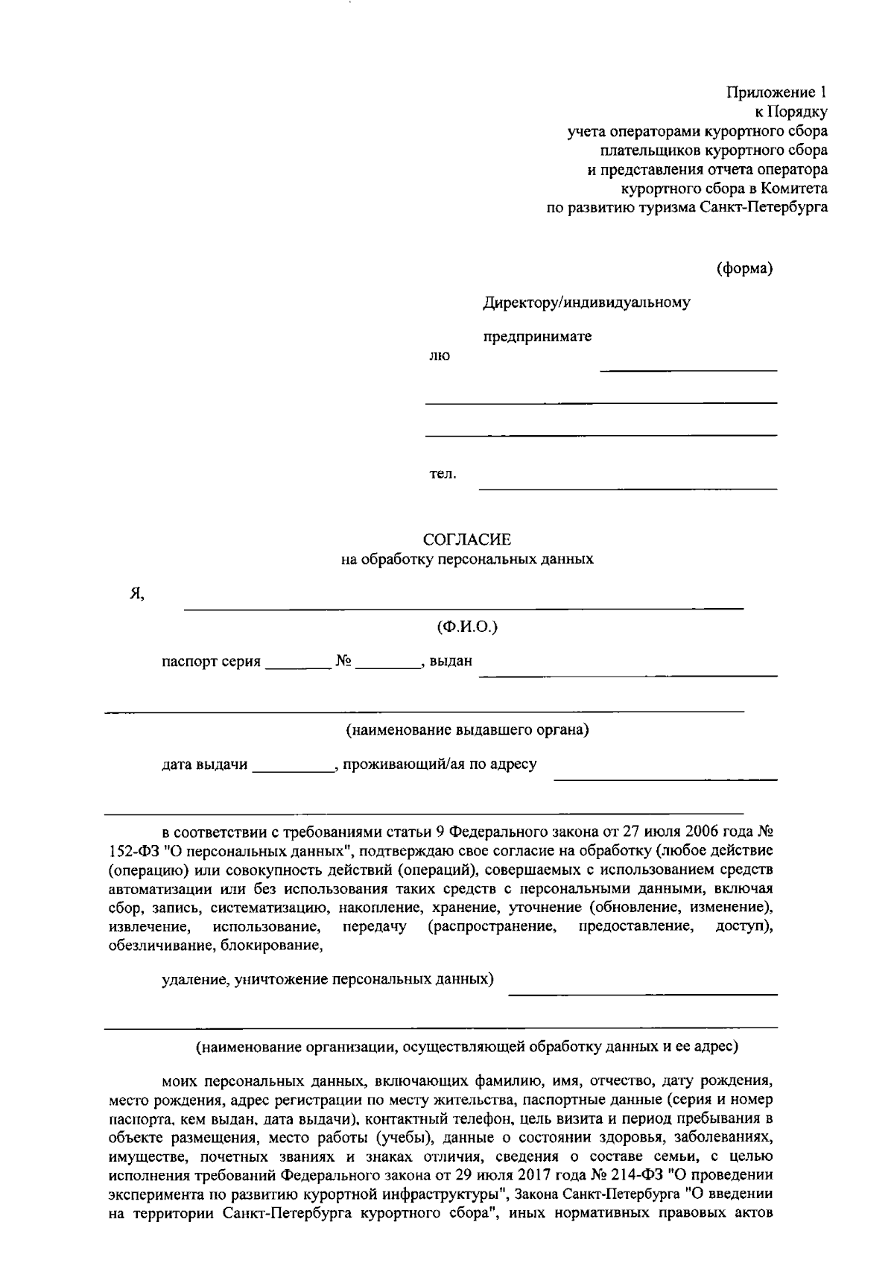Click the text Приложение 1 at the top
(777, 92)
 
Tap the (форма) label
(744, 269)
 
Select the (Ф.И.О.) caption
(466, 627)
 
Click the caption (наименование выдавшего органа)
(466, 730)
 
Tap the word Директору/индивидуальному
(586, 303)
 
